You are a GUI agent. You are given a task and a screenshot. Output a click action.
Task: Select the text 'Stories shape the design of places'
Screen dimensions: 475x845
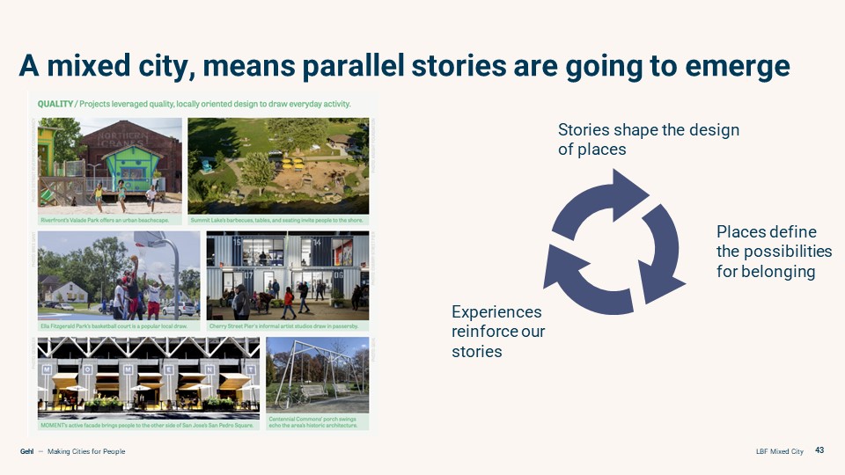(x=648, y=140)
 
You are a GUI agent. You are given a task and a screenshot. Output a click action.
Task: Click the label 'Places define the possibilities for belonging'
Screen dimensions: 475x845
(x=774, y=252)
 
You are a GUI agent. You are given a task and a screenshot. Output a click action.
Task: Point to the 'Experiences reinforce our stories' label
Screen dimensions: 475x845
(x=497, y=332)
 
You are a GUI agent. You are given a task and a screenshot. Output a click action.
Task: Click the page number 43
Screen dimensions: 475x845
(x=819, y=451)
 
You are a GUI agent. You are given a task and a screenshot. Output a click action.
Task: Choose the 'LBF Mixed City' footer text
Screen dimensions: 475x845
(x=779, y=451)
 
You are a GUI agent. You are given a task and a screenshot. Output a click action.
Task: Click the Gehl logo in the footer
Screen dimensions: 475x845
(x=26, y=451)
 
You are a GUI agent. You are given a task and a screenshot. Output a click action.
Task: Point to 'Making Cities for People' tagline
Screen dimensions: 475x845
(x=86, y=451)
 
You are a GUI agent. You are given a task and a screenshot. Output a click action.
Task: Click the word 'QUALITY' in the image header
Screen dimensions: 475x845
(x=55, y=104)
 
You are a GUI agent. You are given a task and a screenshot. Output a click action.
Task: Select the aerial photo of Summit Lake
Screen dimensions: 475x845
(x=278, y=163)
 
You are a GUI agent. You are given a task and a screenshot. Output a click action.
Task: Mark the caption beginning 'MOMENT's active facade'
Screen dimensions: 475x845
(x=147, y=426)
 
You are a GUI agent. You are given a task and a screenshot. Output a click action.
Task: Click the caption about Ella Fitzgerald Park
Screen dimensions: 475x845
(x=114, y=325)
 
